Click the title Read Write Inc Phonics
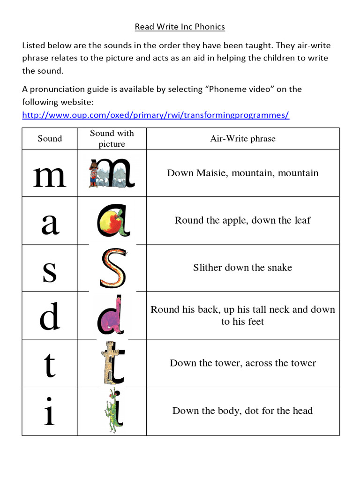coord(180,27)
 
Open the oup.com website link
coord(156,115)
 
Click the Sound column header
coord(50,138)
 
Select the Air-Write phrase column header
coord(243,138)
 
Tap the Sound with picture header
coord(112,138)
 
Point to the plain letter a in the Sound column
coord(50,224)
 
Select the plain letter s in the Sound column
coord(50,272)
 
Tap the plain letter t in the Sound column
coord(50,366)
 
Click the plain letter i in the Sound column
coord(50,411)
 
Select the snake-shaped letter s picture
coord(112,268)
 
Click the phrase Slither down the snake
coord(243,268)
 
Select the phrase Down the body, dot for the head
coord(243,411)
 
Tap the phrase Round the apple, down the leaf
coord(243,220)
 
